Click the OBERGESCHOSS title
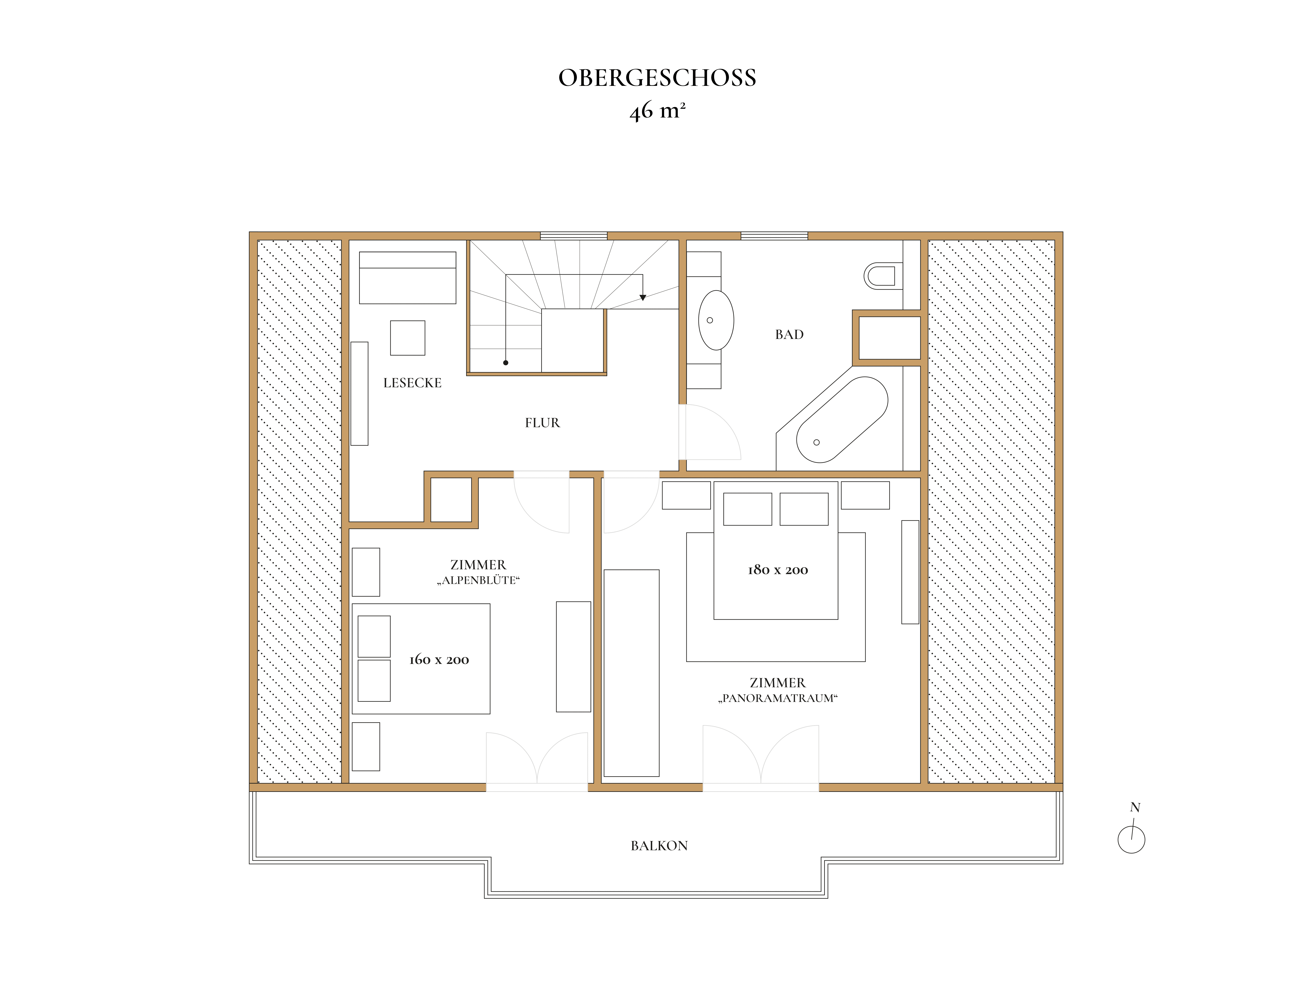(x=657, y=78)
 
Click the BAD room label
(x=789, y=335)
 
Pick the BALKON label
(x=659, y=846)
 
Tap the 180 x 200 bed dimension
(x=778, y=570)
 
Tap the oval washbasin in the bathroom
(x=716, y=320)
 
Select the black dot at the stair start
(x=506, y=362)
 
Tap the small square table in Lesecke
(x=408, y=338)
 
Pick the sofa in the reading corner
(x=408, y=278)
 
